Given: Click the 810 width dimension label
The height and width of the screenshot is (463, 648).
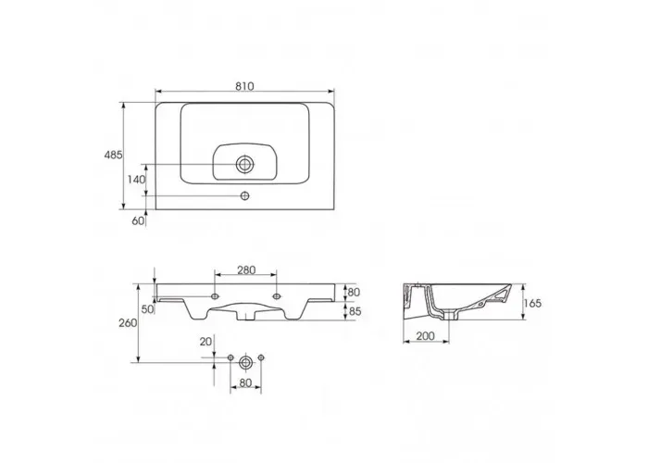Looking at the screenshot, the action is [244, 86].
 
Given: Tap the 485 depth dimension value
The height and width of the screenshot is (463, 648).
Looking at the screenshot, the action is [113, 155].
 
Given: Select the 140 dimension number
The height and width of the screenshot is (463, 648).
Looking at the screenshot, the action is [136, 180].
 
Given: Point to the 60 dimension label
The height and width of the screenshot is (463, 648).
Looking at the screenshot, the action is [139, 220].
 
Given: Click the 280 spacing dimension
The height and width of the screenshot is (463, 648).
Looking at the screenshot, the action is [246, 270].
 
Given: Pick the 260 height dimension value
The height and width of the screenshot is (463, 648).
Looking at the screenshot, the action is [128, 323].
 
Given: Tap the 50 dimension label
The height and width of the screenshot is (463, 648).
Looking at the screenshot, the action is [147, 308].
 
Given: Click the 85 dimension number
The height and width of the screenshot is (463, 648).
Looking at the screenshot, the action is [355, 311].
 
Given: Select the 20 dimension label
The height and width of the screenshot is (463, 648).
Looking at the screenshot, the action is [206, 342].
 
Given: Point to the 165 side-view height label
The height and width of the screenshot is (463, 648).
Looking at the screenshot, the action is [532, 304].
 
